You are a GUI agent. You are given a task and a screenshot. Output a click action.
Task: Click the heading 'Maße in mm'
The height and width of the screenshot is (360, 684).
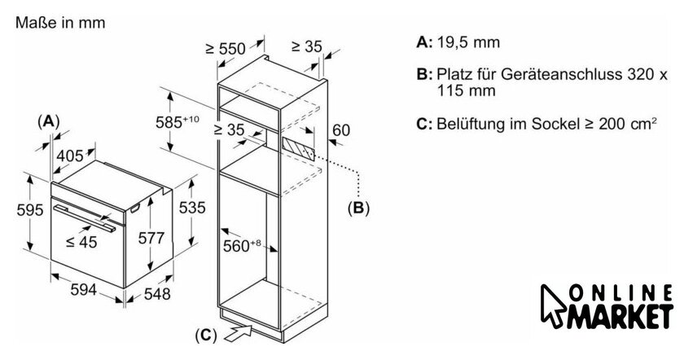[x=59, y=24]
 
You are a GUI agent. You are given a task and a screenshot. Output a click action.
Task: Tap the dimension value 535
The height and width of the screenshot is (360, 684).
[x=191, y=209]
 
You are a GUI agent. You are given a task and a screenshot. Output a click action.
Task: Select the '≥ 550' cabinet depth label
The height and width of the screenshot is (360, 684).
[x=226, y=49]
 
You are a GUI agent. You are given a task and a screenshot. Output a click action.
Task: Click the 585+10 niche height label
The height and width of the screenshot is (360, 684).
[x=179, y=122]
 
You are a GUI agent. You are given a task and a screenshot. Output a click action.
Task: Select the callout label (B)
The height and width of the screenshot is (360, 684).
[x=357, y=208]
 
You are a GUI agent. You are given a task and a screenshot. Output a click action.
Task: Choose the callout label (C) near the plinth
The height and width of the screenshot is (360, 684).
[x=208, y=334]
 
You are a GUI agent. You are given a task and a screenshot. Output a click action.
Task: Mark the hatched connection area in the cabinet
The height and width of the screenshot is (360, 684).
[x=297, y=150]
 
